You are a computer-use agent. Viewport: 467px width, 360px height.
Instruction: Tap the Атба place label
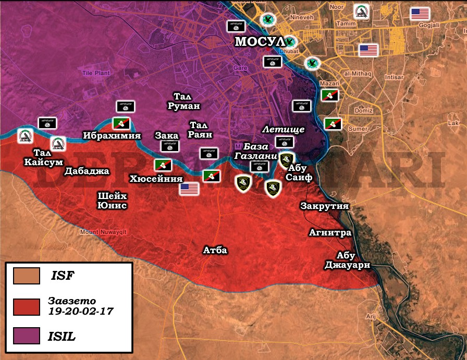(x=215, y=251)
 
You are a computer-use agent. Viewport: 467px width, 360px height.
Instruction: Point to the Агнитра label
(x=330, y=232)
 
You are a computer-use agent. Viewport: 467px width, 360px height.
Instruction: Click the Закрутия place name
(x=324, y=206)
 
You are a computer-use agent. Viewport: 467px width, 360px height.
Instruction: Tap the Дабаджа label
(x=87, y=170)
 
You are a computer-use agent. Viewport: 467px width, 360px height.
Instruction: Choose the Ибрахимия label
(x=112, y=136)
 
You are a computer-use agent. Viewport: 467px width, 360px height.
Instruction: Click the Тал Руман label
(x=187, y=101)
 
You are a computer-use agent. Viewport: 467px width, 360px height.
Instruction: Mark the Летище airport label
(x=284, y=129)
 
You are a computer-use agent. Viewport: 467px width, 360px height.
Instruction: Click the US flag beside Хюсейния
(x=190, y=189)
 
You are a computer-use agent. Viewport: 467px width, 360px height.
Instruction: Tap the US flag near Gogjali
(x=420, y=14)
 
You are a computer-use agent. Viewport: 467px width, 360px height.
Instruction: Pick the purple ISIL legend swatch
(x=27, y=336)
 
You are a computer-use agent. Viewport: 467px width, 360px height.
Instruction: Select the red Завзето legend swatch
(x=27, y=306)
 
